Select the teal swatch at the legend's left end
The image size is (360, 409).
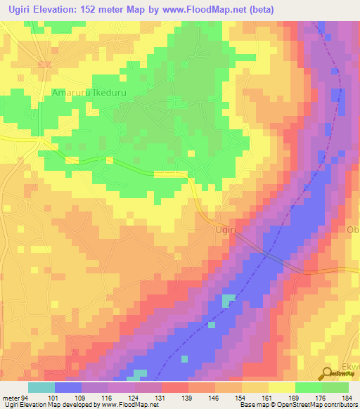tap(41, 387)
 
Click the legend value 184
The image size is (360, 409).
tap(348, 397)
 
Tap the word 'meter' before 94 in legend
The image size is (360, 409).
tap(12, 397)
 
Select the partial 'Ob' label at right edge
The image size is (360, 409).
tap(353, 230)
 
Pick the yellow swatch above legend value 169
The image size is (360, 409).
tap(282, 387)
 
